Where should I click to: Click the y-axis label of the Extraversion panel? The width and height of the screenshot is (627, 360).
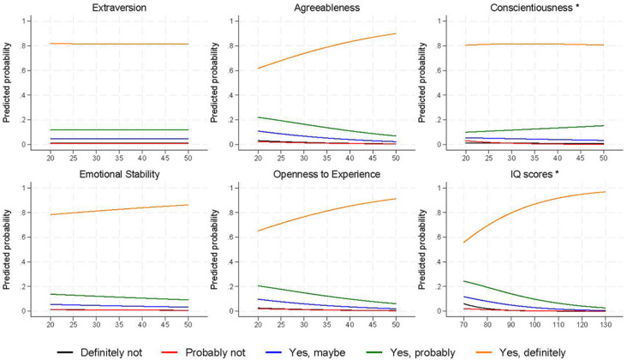[8, 81]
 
